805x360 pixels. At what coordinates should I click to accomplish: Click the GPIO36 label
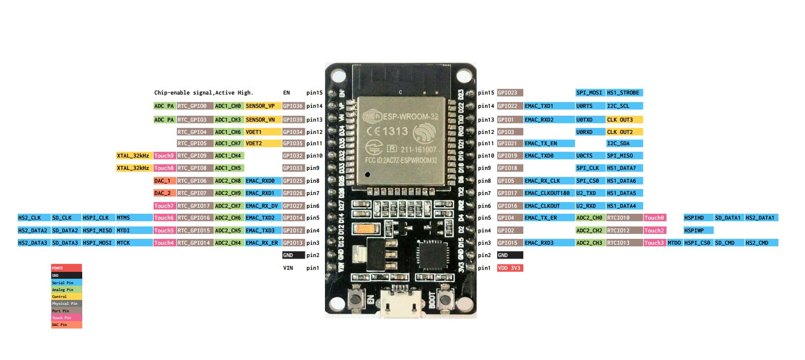(x=293, y=106)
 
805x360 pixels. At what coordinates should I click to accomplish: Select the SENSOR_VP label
(x=263, y=106)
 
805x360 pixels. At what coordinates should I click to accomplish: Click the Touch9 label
(x=164, y=156)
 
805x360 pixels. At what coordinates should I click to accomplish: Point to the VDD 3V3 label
(x=510, y=268)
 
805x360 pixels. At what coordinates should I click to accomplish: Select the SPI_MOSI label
(x=590, y=93)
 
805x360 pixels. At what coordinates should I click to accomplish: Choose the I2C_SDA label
(x=624, y=143)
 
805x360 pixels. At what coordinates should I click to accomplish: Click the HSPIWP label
(x=698, y=230)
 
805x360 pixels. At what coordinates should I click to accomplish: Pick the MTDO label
(x=675, y=243)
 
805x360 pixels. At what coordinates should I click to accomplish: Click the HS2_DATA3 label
(x=33, y=243)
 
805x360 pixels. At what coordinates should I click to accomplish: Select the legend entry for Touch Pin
(x=66, y=318)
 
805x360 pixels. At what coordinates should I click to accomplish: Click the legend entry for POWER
(x=66, y=268)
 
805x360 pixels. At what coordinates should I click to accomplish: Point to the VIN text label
(x=288, y=268)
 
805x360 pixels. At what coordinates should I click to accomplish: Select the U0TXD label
(x=590, y=120)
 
